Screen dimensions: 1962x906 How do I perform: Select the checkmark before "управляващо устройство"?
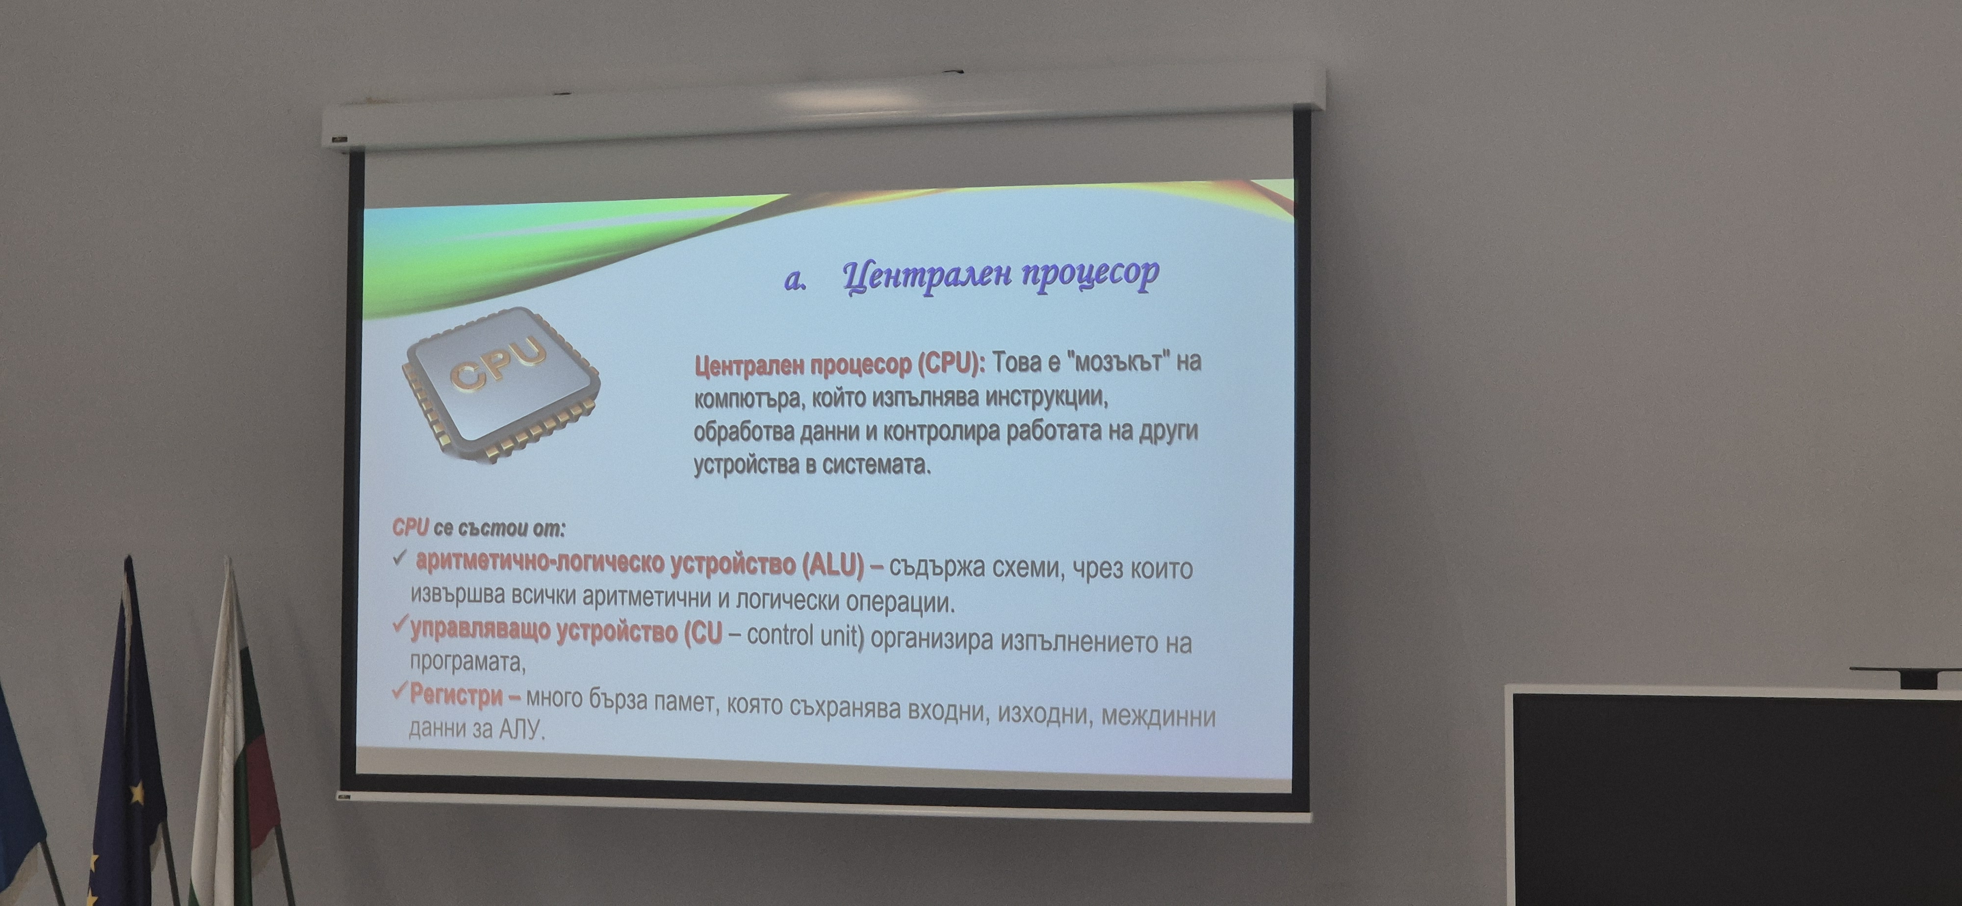point(400,626)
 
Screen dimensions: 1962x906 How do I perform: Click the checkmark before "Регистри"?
point(399,691)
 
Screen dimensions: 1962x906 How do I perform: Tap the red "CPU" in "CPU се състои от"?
point(411,528)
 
